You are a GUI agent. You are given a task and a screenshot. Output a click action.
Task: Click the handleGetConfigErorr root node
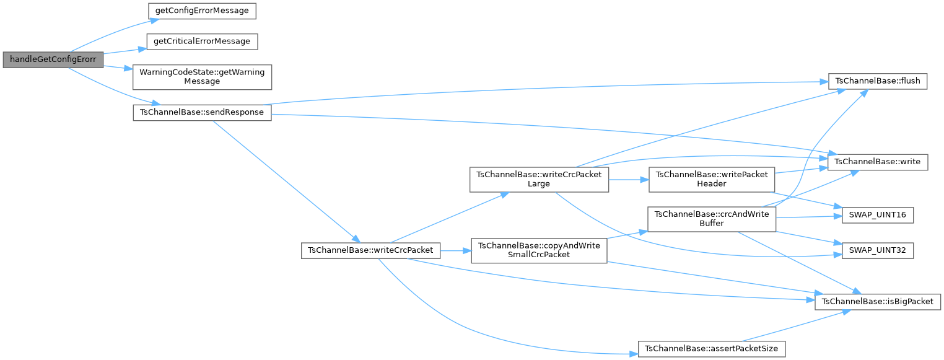pos(52,60)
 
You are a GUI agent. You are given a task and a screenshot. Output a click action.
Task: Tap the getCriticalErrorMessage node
pos(201,42)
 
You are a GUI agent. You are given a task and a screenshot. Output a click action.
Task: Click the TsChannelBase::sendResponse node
pos(202,113)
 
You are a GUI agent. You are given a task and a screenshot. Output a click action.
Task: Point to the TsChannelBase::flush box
pos(878,81)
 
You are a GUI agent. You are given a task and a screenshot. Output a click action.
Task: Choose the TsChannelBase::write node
pos(878,162)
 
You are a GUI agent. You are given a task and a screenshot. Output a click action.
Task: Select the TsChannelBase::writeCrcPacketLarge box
pos(539,179)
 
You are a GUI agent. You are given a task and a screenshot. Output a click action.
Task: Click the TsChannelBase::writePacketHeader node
pos(711,179)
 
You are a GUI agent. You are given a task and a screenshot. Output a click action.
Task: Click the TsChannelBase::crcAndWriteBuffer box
pos(711,218)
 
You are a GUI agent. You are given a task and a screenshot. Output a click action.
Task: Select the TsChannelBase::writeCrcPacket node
pos(370,251)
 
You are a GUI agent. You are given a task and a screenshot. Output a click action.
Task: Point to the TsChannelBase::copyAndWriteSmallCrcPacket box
pos(539,250)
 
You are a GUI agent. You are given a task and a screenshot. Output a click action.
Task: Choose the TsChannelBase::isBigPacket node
pos(878,301)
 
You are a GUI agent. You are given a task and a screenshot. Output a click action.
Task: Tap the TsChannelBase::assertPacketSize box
pos(711,349)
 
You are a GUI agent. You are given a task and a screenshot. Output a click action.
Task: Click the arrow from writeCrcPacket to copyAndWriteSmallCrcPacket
pos(456,251)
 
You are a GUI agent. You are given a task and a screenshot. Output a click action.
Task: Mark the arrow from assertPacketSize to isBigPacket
pos(799,325)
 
